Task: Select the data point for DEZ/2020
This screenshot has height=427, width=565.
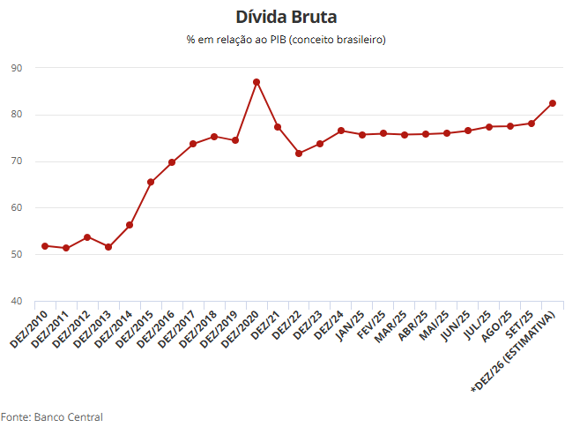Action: click(x=256, y=82)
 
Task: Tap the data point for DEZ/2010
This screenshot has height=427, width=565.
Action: click(x=45, y=245)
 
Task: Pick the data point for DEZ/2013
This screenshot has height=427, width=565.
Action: click(x=108, y=247)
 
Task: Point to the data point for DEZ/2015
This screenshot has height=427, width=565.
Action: click(x=151, y=182)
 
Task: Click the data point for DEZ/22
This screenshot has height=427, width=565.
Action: click(x=299, y=154)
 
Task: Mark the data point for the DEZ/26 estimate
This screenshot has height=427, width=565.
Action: click(x=553, y=103)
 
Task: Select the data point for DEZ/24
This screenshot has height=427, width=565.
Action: click(x=341, y=131)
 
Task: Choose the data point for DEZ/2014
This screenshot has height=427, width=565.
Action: click(x=130, y=225)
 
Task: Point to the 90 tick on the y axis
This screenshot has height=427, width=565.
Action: click(x=18, y=68)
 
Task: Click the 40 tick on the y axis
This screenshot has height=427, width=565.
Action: click(x=18, y=301)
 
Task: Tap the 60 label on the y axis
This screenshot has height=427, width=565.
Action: click(x=18, y=208)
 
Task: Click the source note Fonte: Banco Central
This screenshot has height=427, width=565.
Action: click(x=52, y=416)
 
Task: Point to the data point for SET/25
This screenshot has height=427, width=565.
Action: click(x=532, y=124)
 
